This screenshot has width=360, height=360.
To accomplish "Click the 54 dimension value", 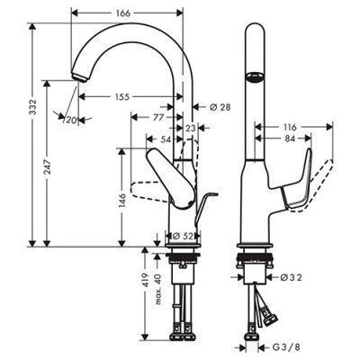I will coord(166,140).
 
